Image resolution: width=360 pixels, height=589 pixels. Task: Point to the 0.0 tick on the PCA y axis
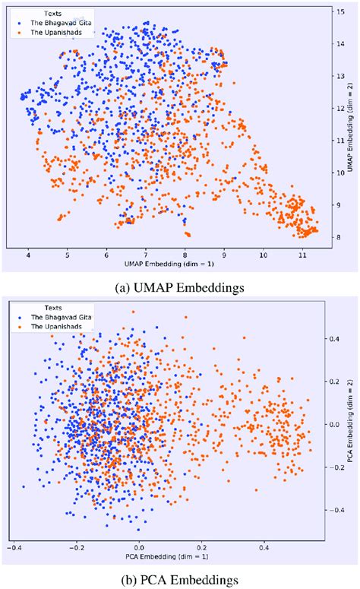coord(333,423)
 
